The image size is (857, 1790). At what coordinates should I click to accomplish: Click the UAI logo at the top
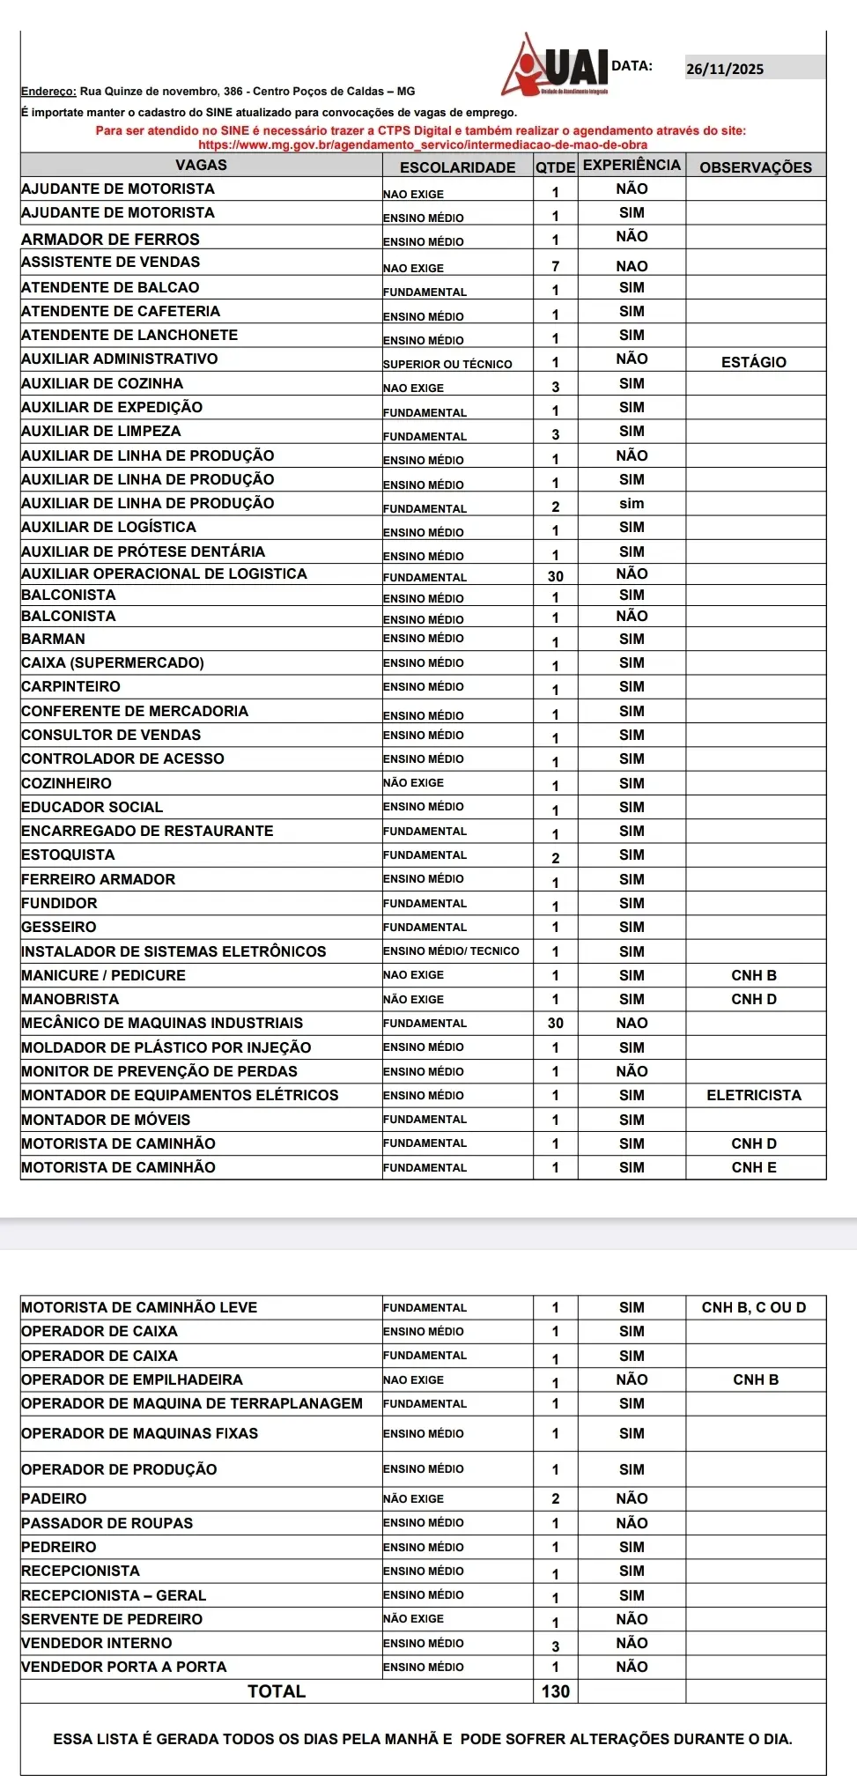(x=557, y=66)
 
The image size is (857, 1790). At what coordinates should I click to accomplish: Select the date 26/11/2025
(x=725, y=70)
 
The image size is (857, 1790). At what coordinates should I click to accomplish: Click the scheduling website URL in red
(x=423, y=144)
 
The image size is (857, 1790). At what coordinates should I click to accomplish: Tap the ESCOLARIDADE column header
(x=457, y=167)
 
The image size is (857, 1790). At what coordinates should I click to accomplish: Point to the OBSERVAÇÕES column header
(x=756, y=167)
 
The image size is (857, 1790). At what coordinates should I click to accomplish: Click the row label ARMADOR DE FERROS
(x=111, y=240)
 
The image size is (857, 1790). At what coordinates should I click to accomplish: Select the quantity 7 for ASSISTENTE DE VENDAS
(x=556, y=266)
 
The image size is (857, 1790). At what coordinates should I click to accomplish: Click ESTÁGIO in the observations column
(x=754, y=362)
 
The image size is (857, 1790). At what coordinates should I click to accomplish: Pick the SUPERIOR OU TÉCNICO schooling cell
(x=447, y=364)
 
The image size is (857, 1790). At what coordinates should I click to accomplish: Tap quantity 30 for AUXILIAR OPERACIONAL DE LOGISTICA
(x=556, y=576)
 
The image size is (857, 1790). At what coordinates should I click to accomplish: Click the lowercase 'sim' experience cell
(x=632, y=504)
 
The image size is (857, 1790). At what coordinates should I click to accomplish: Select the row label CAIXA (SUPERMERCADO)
(x=113, y=663)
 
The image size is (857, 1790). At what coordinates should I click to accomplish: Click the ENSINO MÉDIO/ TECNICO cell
(x=451, y=951)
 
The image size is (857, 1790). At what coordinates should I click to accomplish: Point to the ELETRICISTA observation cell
(x=754, y=1096)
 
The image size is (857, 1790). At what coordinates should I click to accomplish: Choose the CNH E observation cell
(x=754, y=1168)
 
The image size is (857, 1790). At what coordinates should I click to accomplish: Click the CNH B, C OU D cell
(x=754, y=1308)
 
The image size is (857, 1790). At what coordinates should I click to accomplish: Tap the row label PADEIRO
(x=55, y=1499)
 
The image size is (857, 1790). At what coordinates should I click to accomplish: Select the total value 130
(x=556, y=1691)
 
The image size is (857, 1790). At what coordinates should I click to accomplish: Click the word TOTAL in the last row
(x=277, y=1691)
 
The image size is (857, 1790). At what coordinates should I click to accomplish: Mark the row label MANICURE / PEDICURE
(x=104, y=976)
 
